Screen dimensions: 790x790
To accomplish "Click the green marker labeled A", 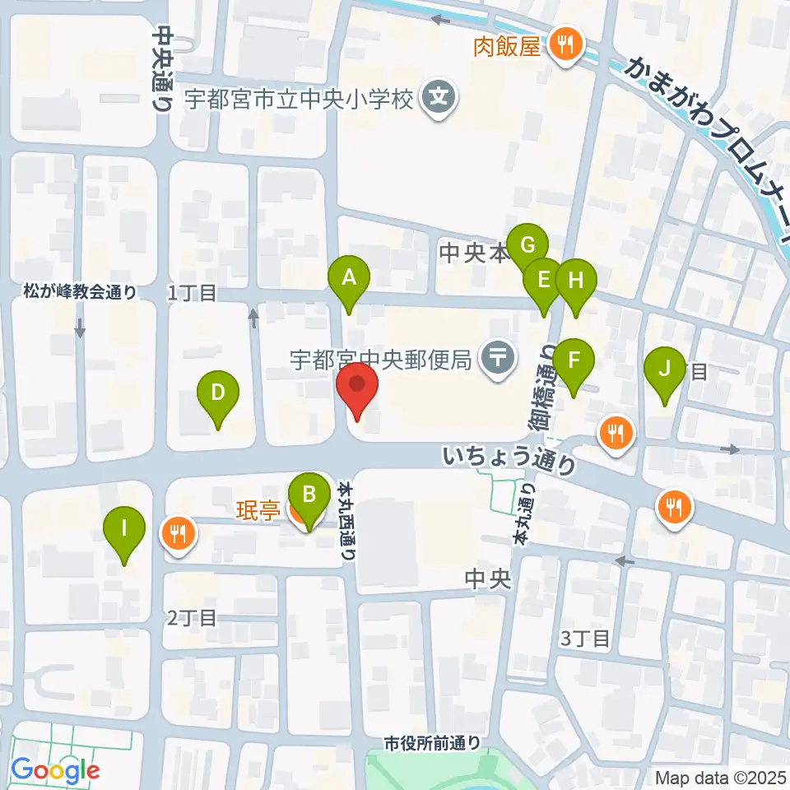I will coord(349,278).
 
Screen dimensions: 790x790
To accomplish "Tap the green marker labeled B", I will coord(309,495).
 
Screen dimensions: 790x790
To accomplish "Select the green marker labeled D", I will coord(217,393).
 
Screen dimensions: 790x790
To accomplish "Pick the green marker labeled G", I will coord(527,245).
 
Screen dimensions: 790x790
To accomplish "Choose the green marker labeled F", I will coord(573,360).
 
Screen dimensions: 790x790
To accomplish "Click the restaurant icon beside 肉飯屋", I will coord(565,43).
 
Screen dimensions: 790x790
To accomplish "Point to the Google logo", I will coord(54,769).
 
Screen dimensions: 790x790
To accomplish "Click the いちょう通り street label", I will coord(509,459).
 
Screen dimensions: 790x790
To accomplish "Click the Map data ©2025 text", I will coord(719,776).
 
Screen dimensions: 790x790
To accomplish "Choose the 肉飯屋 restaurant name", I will coord(507,45).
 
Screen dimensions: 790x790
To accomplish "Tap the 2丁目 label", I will coord(191,617).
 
